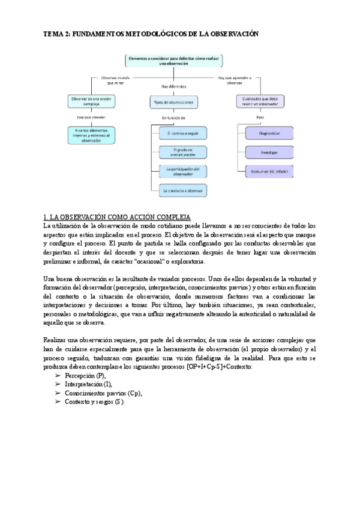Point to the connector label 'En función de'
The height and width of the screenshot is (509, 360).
(173, 118)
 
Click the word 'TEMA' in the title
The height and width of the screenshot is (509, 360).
(54, 35)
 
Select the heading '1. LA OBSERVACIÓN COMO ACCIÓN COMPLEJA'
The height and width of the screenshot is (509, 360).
(116, 216)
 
